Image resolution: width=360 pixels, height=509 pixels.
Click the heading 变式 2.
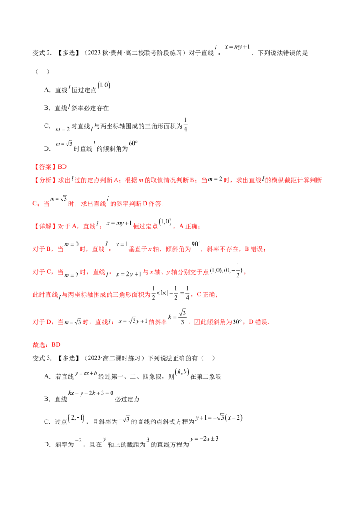coord(42,53)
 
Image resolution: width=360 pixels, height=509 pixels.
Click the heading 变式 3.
coord(42,358)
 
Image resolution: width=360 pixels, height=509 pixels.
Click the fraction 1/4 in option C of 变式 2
coord(185,125)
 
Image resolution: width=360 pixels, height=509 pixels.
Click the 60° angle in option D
coord(133,143)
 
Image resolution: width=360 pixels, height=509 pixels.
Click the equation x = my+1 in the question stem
coord(238,47)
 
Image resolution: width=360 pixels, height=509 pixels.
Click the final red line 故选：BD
coord(46,344)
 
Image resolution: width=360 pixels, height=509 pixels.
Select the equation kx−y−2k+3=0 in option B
coord(91,393)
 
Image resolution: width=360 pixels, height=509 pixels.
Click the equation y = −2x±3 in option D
coord(204,438)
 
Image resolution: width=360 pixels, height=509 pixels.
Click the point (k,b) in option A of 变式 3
coord(182,372)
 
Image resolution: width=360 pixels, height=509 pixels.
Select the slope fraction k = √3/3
coord(177,317)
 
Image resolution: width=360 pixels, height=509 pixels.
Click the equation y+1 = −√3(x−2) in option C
coord(219,417)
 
